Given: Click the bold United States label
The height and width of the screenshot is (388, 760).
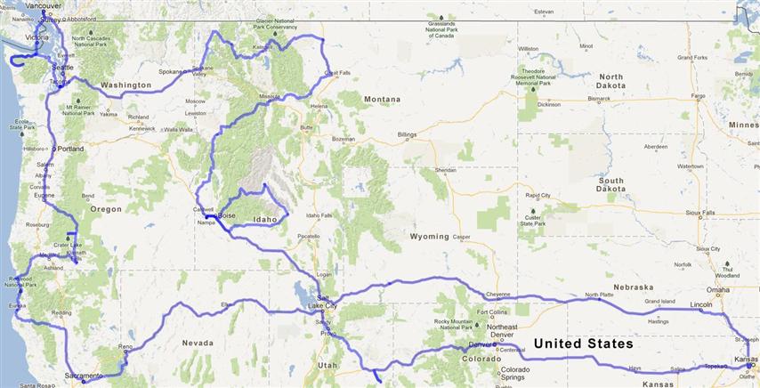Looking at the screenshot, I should (583, 344).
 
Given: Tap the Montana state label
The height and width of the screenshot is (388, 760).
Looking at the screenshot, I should (381, 99).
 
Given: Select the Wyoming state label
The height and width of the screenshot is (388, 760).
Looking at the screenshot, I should (429, 237).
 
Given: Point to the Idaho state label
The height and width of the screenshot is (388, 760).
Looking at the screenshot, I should (265, 219).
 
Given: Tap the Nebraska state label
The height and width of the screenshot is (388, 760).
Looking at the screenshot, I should (632, 287).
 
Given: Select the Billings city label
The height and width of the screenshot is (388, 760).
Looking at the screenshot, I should (407, 134).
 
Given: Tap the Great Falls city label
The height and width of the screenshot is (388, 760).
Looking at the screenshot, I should (336, 73).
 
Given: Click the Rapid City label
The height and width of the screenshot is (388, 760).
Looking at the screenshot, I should (538, 195).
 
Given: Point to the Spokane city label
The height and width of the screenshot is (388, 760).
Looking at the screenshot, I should (170, 70).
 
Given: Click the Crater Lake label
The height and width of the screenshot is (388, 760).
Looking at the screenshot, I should (68, 245).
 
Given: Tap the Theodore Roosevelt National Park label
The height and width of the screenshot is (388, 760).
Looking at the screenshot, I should (546, 75).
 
